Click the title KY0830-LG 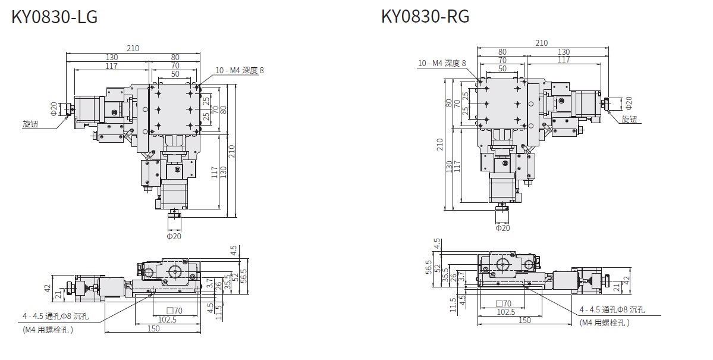[54, 17]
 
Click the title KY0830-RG [425, 16]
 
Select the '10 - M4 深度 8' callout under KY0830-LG [239, 70]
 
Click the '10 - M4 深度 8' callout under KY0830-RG [442, 63]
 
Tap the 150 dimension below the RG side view [524, 320]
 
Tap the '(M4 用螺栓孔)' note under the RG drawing [604, 323]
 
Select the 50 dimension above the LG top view [175, 74]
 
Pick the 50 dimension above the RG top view [502, 68]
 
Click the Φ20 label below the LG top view [174, 236]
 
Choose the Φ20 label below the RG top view [502, 227]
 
